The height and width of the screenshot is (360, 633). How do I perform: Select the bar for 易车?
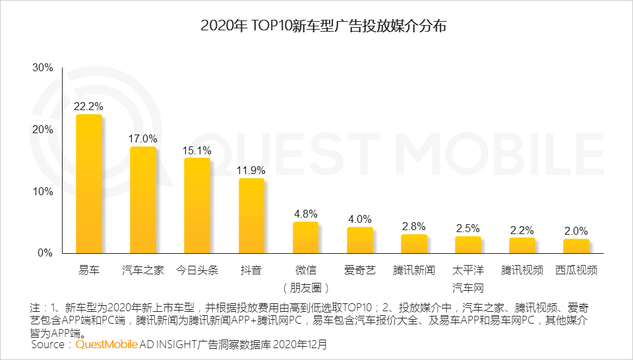pyautogui.click(x=89, y=185)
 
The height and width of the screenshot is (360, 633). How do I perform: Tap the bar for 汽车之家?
pyautogui.click(x=143, y=200)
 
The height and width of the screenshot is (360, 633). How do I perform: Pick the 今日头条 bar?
pyautogui.click(x=197, y=206)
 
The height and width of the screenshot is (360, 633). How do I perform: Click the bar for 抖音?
pyautogui.click(x=251, y=216)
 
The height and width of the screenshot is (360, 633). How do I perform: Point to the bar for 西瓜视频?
pyautogui.click(x=576, y=247)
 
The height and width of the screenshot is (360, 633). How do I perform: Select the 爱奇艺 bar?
pyautogui.click(x=359, y=241)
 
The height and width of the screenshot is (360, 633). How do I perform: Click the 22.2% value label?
pyautogui.click(x=89, y=105)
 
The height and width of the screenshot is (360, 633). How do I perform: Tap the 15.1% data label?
pyautogui.click(x=197, y=150)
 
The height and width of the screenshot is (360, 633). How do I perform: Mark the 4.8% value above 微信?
pyautogui.click(x=305, y=213)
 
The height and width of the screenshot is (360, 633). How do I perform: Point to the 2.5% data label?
pyautogui.click(x=468, y=228)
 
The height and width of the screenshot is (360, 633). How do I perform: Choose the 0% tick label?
pyautogui.click(x=45, y=253)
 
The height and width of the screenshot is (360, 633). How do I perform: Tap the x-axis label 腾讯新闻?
pyautogui.click(x=413, y=271)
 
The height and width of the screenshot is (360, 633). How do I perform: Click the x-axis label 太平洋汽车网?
pyautogui.click(x=467, y=279)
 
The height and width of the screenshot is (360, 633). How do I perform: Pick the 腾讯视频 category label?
pyautogui.click(x=522, y=271)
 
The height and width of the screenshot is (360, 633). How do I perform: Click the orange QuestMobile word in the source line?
pyautogui.click(x=106, y=344)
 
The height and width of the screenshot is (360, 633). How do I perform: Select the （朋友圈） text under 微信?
pyautogui.click(x=305, y=288)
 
